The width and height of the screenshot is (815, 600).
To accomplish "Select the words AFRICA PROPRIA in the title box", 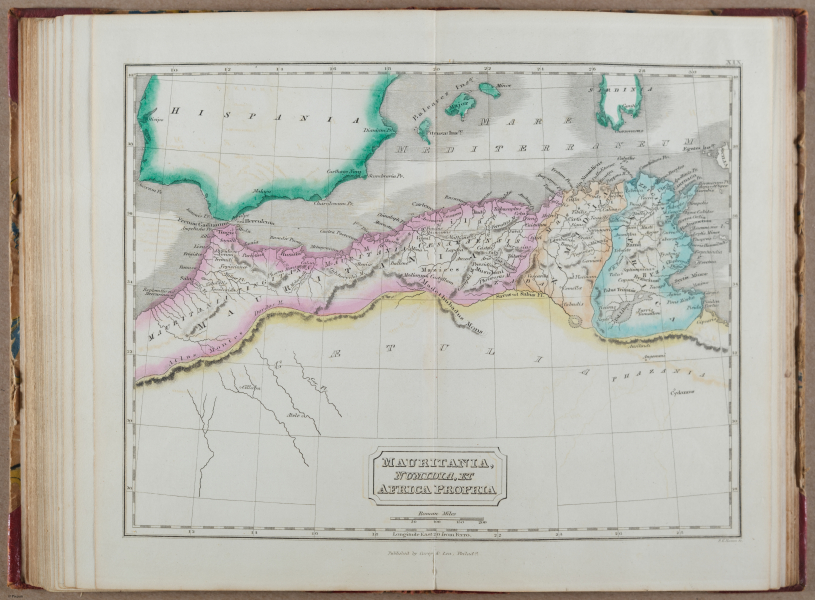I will pyautogui.click(x=437, y=489).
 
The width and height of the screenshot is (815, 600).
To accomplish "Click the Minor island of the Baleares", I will pyautogui.click(x=489, y=90).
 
